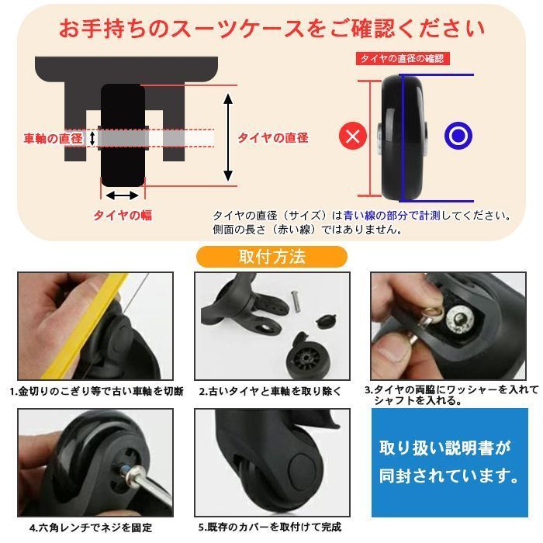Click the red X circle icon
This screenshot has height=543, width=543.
point(352,136)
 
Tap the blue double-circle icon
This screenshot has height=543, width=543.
point(458,136)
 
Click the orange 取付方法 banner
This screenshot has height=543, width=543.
point(271,257)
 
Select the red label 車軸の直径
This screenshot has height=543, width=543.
point(53,139)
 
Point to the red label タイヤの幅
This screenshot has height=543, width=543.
point(123,216)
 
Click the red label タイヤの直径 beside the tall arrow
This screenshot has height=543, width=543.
point(273,138)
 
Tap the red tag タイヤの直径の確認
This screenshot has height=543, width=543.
point(403,58)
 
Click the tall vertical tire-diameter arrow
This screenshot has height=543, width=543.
point(228,137)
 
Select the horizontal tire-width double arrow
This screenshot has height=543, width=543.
point(123,195)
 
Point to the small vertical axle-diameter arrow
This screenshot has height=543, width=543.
point(92,139)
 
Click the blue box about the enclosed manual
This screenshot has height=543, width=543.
point(449,462)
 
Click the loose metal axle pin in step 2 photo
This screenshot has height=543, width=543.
point(295,301)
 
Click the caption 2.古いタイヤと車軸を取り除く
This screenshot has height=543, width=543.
point(270,391)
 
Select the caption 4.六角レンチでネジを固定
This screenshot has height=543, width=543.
point(91,527)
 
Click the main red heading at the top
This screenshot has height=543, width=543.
point(271,29)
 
